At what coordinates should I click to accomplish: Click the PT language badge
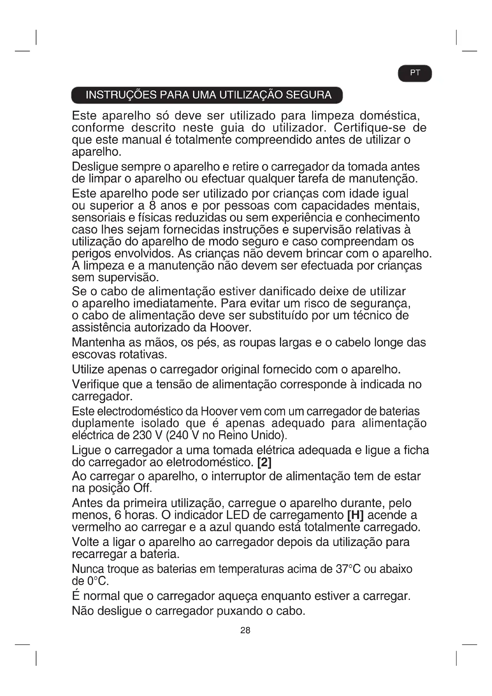(415, 73)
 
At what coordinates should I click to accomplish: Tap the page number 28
(245, 630)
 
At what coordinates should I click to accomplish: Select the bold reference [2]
(264, 462)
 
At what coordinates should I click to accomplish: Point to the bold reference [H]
(355, 515)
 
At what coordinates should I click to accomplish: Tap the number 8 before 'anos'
(152, 206)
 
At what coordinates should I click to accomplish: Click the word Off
(142, 488)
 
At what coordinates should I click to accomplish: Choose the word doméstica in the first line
(389, 116)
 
